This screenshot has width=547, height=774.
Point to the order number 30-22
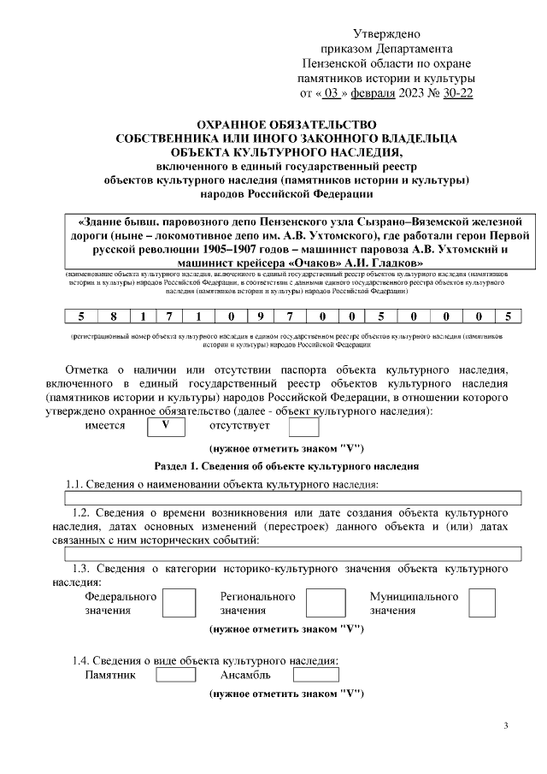(456, 92)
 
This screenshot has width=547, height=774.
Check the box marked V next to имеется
(168, 425)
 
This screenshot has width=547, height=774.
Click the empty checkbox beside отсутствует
(304, 425)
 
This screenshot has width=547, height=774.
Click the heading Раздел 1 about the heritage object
(286, 466)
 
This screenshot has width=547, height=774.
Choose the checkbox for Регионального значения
(325, 603)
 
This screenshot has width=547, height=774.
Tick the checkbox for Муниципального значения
(482, 603)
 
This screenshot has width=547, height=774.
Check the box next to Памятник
(176, 674)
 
